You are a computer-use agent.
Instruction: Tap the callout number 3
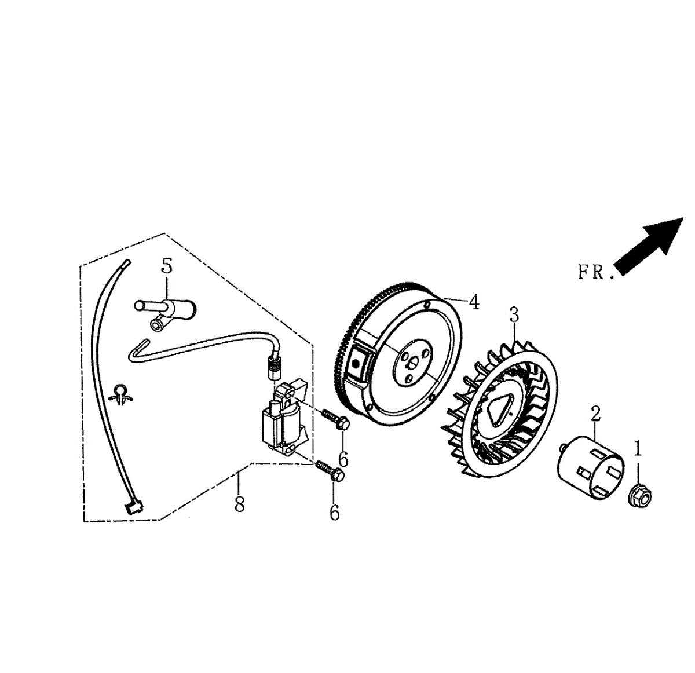pos(514,315)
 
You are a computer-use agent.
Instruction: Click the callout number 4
pos(474,302)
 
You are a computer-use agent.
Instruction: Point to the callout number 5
pos(167,266)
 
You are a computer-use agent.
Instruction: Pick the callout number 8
pos(239,504)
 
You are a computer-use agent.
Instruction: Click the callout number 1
pos(638,448)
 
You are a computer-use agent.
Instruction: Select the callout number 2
pos(595,414)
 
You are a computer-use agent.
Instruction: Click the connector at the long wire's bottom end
pos(134,507)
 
